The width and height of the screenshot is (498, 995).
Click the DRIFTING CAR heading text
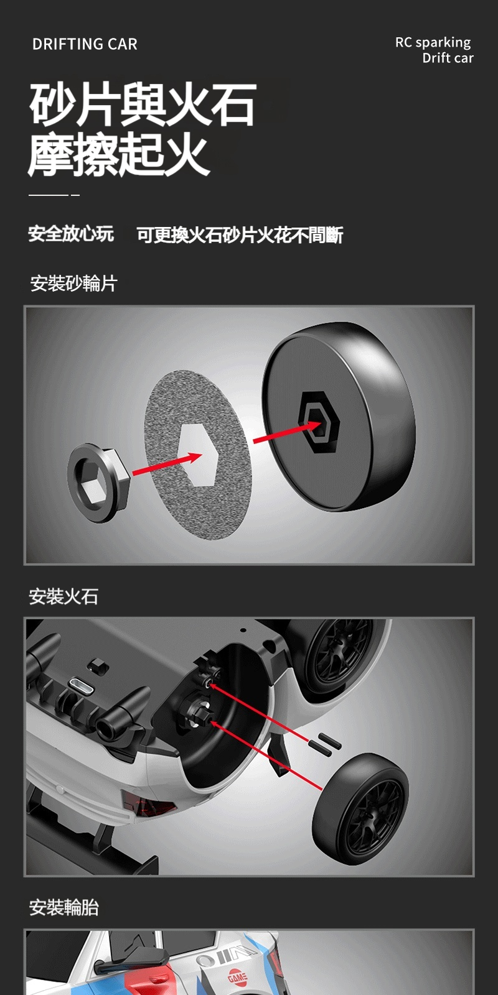tap(85, 44)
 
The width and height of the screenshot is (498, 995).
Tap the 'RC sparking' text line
tap(433, 43)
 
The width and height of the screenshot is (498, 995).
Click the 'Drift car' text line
tap(448, 58)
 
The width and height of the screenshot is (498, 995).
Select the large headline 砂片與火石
tap(143, 105)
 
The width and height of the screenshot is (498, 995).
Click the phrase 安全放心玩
tap(71, 234)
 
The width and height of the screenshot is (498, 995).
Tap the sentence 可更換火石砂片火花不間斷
tap(240, 235)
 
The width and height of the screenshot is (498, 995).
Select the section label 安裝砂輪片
tap(73, 284)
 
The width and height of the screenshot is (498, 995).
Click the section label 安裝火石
tap(63, 596)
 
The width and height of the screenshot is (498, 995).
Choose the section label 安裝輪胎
tap(63, 907)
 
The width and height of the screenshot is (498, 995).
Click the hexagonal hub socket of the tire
tap(318, 422)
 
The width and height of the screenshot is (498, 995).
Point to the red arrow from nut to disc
tap(167, 464)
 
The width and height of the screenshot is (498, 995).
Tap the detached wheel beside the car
tap(360, 809)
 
